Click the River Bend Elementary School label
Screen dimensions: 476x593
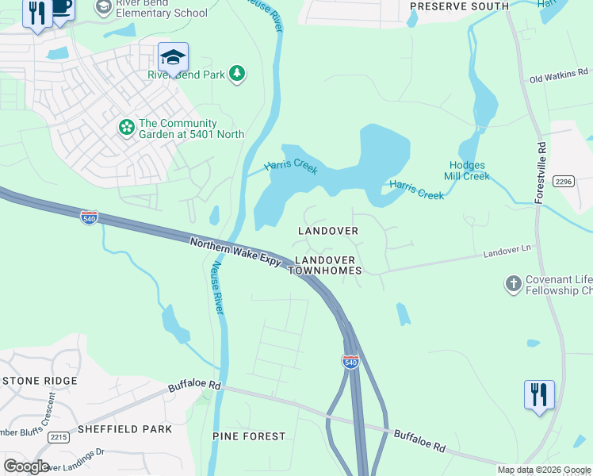click(162, 8)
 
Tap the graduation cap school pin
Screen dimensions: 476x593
click(173, 57)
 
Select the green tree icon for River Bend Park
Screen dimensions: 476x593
click(236, 75)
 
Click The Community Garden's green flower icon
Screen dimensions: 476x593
click(126, 127)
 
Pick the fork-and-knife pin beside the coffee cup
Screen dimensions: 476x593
click(36, 14)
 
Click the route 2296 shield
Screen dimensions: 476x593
click(564, 181)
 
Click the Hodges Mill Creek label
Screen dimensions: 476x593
click(466, 171)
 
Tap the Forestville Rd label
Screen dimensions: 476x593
click(541, 173)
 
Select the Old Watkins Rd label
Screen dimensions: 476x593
click(560, 79)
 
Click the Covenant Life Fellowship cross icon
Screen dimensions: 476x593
click(514, 282)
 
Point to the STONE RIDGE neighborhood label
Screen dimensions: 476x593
click(39, 381)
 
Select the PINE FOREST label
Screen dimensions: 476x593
click(249, 436)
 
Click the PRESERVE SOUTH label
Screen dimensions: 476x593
click(459, 6)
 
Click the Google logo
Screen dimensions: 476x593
click(26, 466)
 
